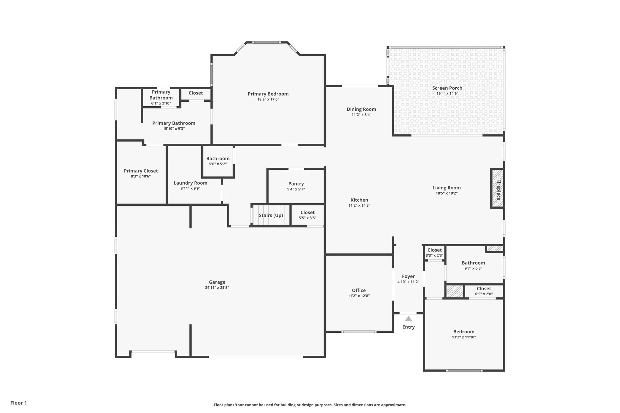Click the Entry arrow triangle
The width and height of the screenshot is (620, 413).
(408, 319)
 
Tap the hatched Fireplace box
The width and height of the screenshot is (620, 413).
(497, 188)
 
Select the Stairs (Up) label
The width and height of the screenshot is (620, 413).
(271, 215)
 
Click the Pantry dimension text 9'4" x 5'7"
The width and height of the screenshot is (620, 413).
(296, 189)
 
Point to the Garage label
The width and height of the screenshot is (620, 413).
(217, 282)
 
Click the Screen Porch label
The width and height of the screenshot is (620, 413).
(447, 88)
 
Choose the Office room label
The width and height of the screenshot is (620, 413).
(358, 290)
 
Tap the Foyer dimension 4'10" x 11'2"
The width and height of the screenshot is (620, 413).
(408, 282)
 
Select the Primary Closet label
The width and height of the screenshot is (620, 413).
(141, 171)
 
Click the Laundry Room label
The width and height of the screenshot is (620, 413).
(190, 183)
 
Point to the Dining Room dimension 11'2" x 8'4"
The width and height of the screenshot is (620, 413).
(361, 115)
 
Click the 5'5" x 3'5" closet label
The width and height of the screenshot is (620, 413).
(307, 213)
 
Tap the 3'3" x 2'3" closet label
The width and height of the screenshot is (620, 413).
(434, 250)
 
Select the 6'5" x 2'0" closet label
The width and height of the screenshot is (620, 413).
(484, 288)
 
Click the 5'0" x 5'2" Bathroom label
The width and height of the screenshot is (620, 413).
(218, 158)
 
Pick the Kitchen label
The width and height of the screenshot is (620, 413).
(359, 200)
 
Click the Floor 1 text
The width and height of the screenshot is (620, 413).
(19, 403)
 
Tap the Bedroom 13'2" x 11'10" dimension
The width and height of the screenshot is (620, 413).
(463, 337)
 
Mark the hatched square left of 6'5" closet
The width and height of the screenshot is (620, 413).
(454, 291)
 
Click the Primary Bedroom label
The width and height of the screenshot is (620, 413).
(268, 94)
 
